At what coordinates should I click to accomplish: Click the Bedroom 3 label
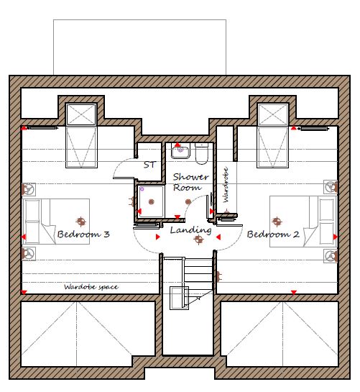click(83, 234)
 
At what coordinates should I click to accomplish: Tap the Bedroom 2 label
click(273, 234)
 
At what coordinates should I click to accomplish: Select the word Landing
click(190, 230)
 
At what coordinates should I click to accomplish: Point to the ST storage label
click(149, 165)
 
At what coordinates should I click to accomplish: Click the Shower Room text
click(190, 182)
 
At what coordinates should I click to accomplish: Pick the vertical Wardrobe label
click(226, 185)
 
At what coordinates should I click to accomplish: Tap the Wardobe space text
click(91, 287)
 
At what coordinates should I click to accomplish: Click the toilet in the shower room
click(201, 153)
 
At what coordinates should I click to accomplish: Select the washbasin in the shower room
click(180, 151)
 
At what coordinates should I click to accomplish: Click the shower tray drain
click(151, 201)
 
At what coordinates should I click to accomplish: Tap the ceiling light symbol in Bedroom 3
click(81, 222)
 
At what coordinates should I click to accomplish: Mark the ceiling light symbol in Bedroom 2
click(277, 222)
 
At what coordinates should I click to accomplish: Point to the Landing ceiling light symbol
click(198, 240)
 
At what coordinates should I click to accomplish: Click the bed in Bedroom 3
click(56, 222)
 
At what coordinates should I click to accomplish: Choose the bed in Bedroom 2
click(303, 222)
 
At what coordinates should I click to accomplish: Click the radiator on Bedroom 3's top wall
click(42, 128)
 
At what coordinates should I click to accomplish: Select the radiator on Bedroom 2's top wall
click(314, 129)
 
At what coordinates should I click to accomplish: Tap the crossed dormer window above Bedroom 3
click(81, 114)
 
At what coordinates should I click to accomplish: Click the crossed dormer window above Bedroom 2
click(273, 114)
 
